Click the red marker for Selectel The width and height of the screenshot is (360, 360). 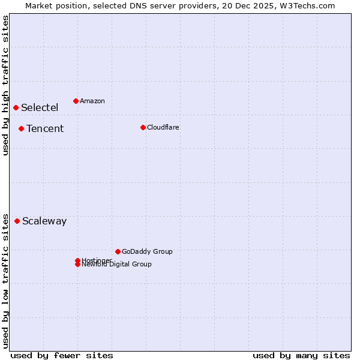click(16, 107)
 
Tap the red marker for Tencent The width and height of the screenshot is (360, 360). click(21, 128)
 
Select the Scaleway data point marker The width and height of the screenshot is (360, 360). click(17, 221)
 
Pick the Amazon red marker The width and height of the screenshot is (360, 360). click(76, 101)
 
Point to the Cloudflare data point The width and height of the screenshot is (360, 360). click(143, 127)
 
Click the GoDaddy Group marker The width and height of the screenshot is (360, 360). click(118, 251)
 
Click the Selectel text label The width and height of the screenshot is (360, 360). click(40, 108)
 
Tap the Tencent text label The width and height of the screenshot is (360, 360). click(45, 129)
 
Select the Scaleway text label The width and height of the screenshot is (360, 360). click(44, 221)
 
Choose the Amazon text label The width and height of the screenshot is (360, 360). click(92, 101)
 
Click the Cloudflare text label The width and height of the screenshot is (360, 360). click(163, 128)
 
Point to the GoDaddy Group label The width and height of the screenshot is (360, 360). click(147, 252)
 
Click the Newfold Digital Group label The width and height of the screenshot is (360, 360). click(117, 265)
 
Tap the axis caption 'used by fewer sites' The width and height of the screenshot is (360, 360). click(62, 355)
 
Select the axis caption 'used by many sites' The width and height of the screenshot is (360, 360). click(301, 355)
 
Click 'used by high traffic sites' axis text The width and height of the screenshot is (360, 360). click(5, 85)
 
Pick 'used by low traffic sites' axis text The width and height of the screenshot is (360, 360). click(5, 280)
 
